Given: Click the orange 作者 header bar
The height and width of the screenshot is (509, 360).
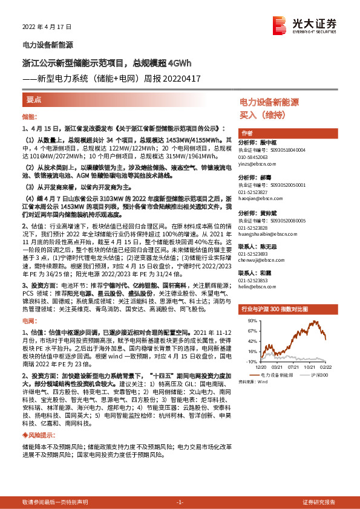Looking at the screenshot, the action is [246, 133].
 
